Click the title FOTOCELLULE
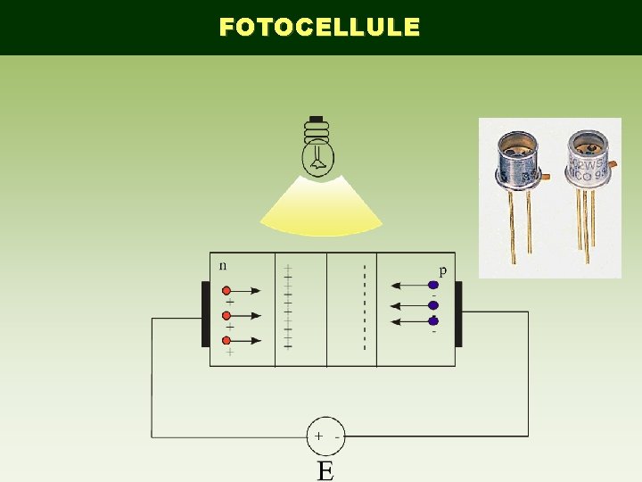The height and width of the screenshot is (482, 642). pos(319,28)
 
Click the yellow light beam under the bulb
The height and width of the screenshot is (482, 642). pos(320,207)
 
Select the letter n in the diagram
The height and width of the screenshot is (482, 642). pos(223,265)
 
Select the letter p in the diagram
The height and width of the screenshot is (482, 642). pos(441,270)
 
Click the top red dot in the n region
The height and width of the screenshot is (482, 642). pos(226,290)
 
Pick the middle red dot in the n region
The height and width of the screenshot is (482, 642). pos(226,315)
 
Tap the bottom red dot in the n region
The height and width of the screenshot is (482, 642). pos(226,340)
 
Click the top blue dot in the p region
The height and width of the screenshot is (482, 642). pos(433,286)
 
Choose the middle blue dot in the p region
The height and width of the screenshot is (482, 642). pos(433,305)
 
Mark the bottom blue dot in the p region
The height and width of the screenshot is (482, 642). pos(433,320)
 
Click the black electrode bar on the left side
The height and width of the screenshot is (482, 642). pos(206,314)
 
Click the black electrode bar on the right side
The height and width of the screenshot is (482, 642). pos(458,314)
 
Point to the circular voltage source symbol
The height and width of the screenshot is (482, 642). pos(325,436)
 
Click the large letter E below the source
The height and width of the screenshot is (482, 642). pos(325,470)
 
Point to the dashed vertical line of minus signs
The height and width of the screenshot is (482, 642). pos(364,308)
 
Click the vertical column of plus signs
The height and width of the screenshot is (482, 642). pos(287,306)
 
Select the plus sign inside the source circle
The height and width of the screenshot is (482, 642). pos(317,436)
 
